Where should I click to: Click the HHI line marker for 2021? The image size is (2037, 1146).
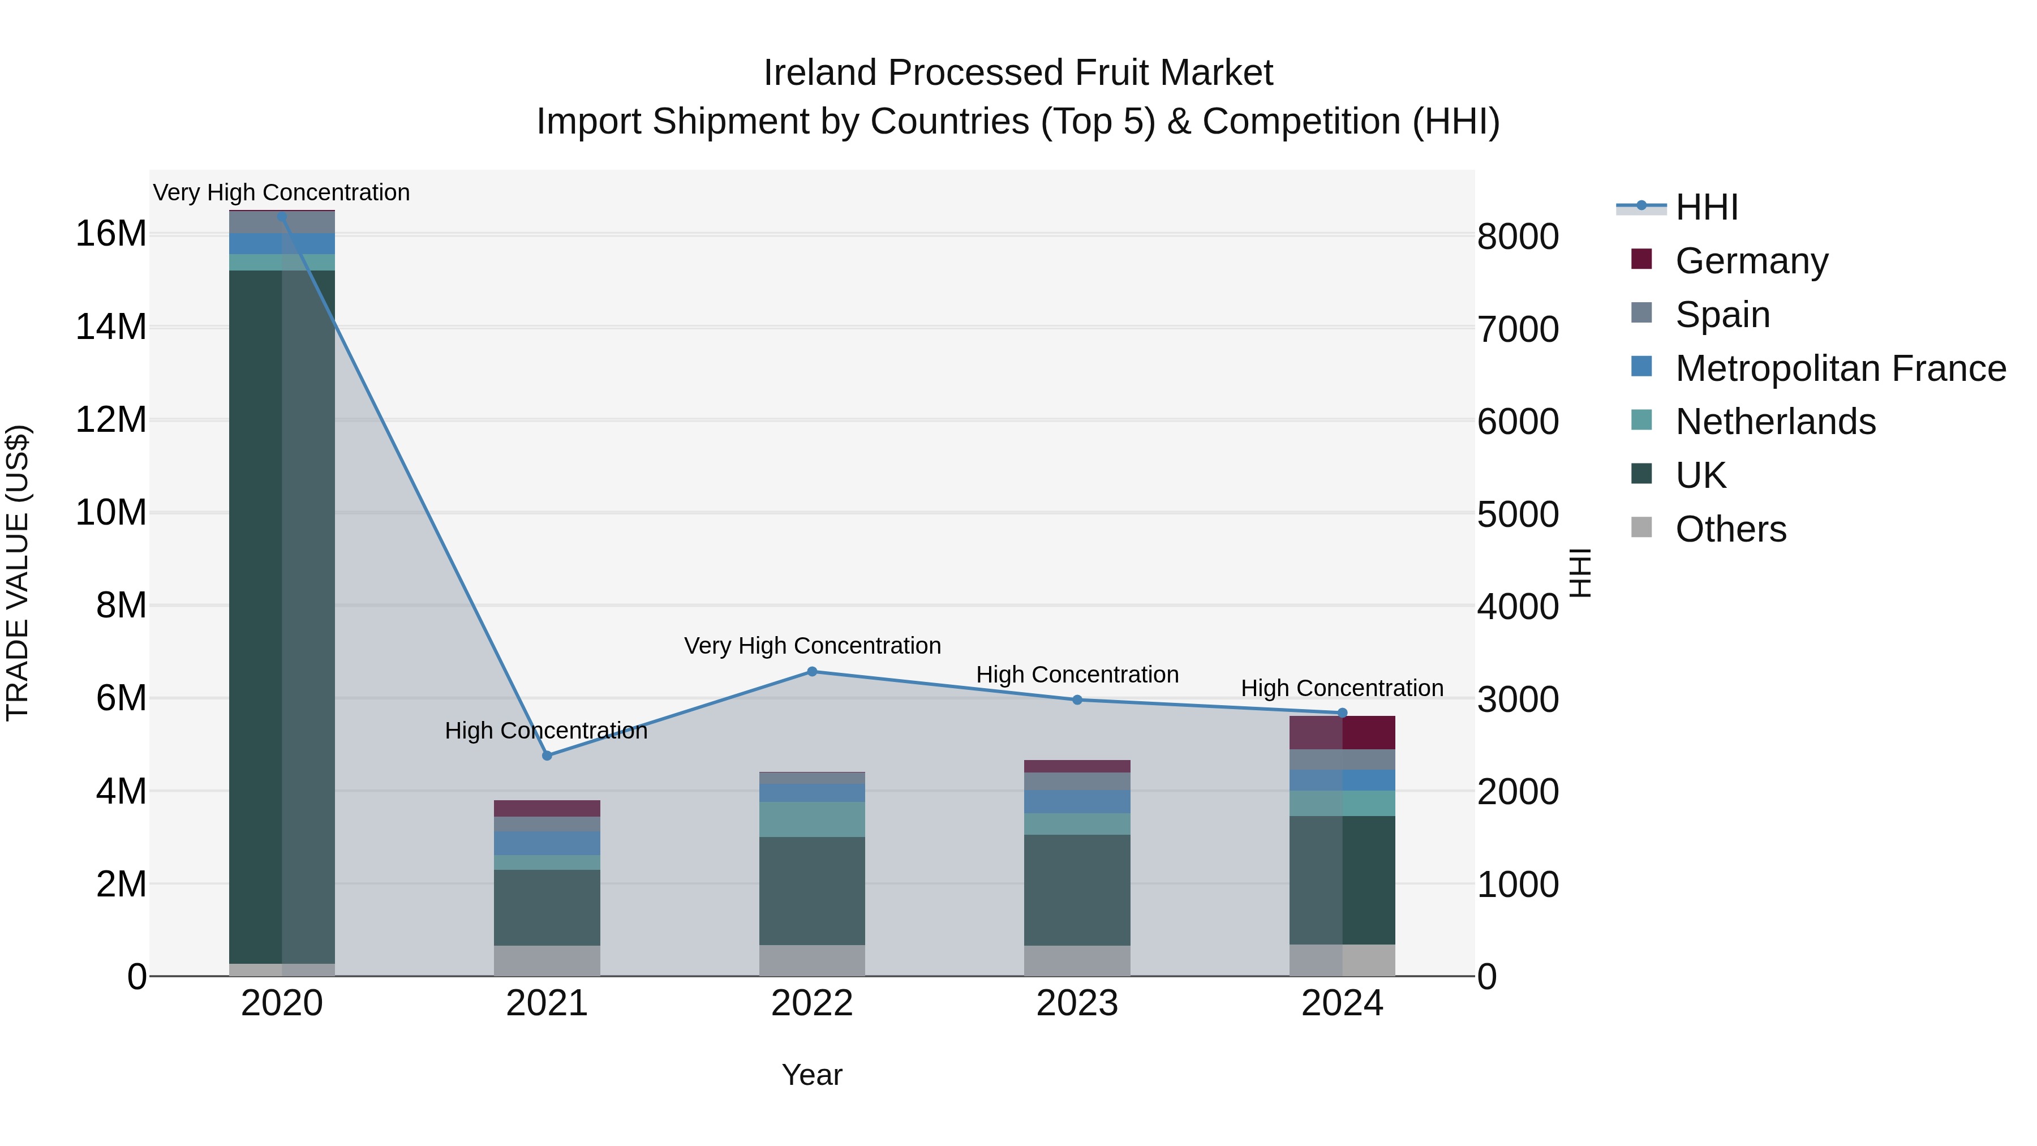coord(547,756)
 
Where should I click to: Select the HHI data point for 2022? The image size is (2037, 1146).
coord(812,671)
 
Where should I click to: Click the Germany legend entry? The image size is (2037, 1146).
coord(1751,261)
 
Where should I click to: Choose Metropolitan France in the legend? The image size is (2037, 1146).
coord(1840,368)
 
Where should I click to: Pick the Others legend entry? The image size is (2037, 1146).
coord(1730,529)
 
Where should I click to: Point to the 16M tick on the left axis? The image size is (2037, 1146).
coord(111,234)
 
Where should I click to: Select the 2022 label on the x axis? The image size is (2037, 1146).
coord(812,1003)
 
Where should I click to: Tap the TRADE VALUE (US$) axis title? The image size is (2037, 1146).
coord(18,573)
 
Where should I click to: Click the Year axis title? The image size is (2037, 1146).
coord(812,1075)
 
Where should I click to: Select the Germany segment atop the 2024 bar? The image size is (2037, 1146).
coord(1368,732)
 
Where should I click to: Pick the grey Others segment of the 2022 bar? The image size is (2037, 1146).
coord(812,960)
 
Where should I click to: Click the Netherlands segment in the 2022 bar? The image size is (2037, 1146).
coord(812,819)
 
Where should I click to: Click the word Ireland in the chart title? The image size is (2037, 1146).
coord(819,73)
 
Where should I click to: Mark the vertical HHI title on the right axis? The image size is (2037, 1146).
coord(1579,573)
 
